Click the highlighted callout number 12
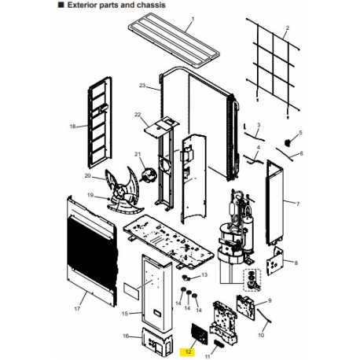(189, 352)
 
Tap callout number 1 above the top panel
(193, 19)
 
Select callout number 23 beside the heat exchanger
(142, 86)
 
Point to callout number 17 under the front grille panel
(77, 309)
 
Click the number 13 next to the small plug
(204, 274)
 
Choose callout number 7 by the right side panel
(298, 204)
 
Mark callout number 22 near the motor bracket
(138, 115)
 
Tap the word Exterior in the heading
(81, 5)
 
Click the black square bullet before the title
(61, 5)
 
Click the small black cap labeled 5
(288, 142)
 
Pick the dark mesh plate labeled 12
(200, 333)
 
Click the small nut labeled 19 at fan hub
(108, 199)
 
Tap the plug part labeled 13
(186, 277)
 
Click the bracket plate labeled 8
(274, 261)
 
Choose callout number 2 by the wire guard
(288, 28)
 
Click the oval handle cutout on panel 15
(157, 312)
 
